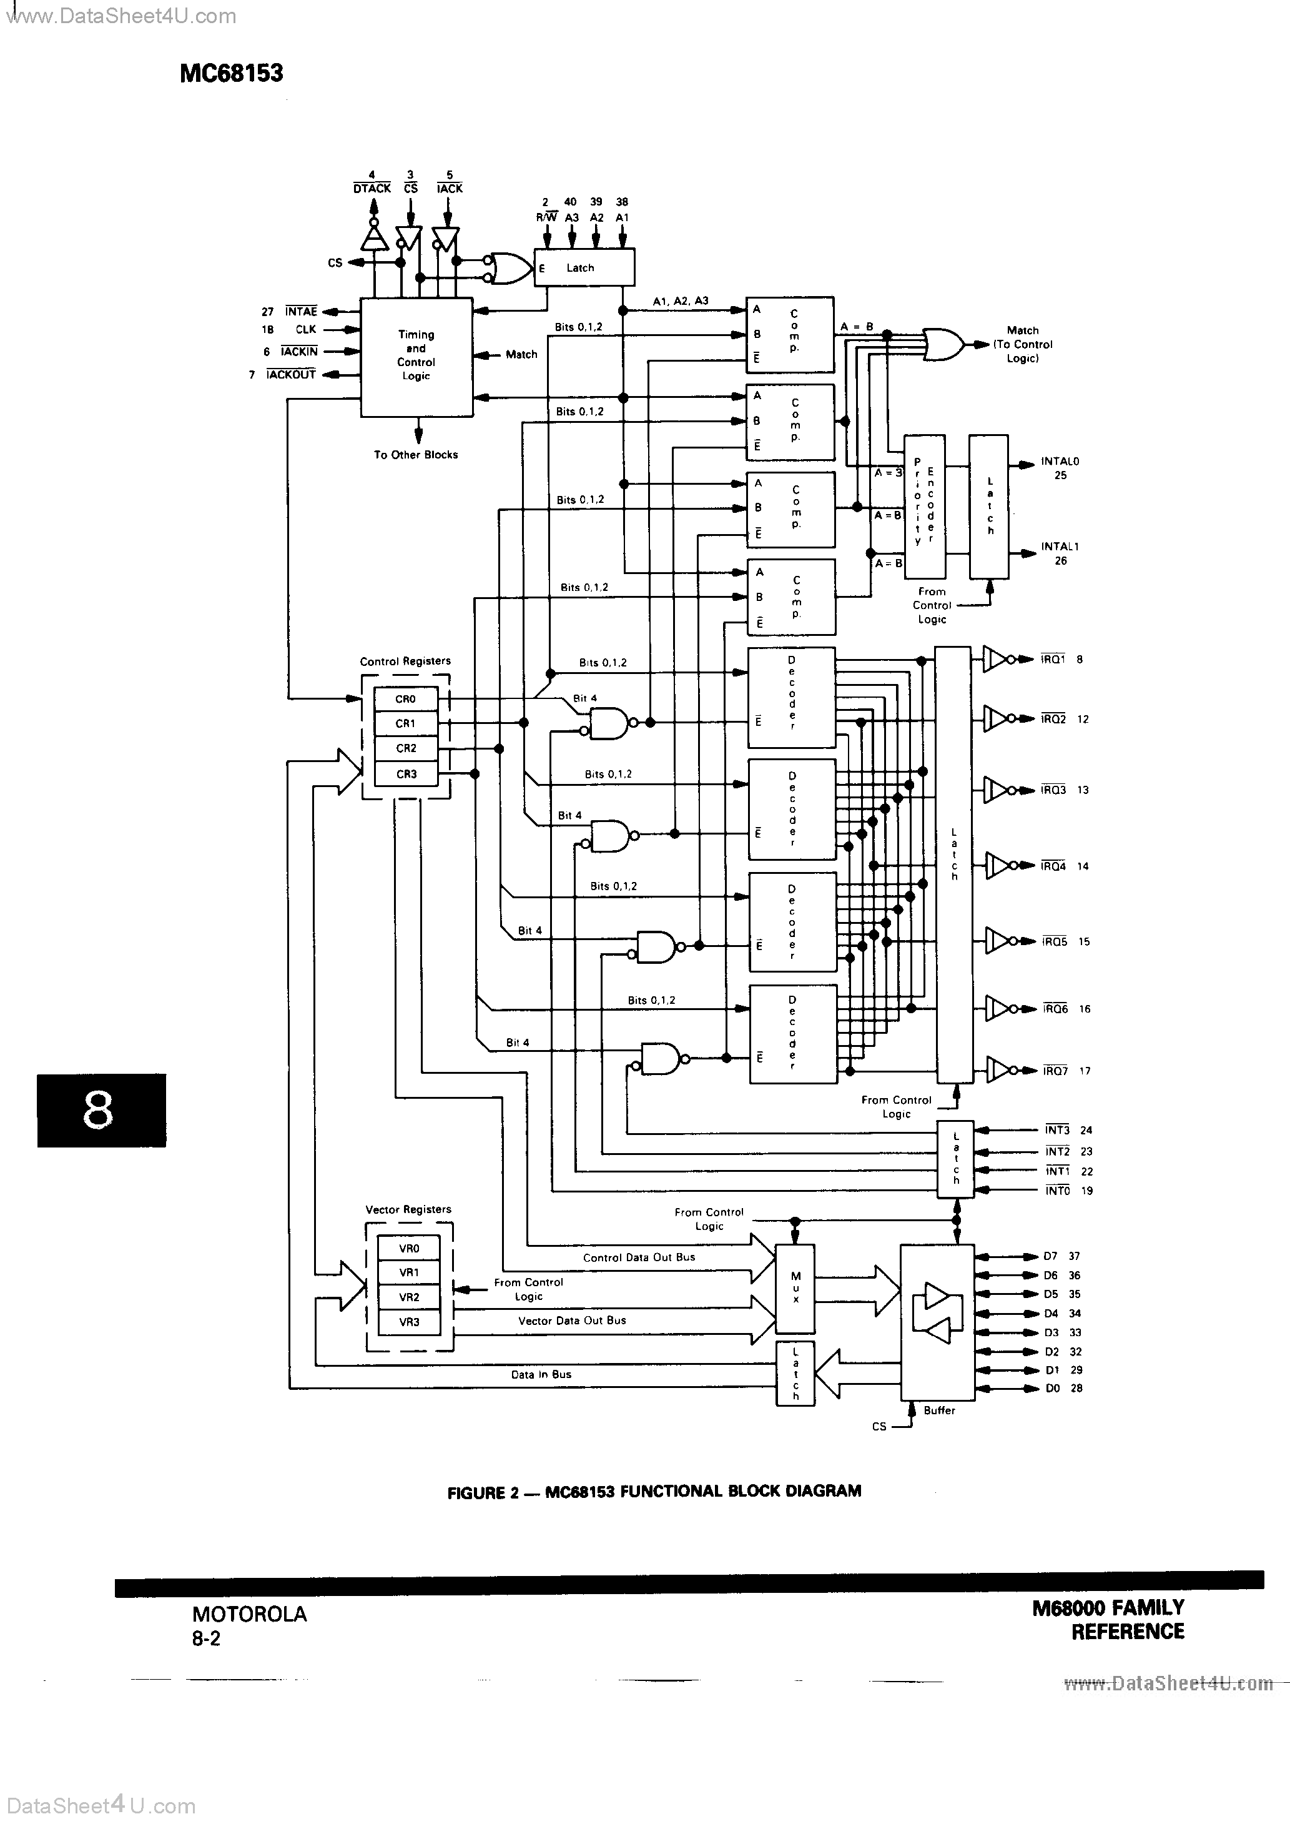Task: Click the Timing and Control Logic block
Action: tap(416, 356)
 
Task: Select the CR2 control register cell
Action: tap(406, 748)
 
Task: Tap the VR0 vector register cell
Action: tap(408, 1248)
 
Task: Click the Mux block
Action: tap(795, 1288)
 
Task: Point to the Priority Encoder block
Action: tap(924, 506)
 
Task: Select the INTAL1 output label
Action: tap(1060, 547)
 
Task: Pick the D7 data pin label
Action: tap(1050, 1256)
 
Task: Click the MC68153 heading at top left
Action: tap(231, 73)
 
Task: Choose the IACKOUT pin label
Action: tap(292, 374)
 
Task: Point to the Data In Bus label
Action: tap(541, 1374)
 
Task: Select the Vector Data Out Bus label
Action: tap(572, 1321)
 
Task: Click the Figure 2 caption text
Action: tap(654, 1492)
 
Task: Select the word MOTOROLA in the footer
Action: tap(249, 1614)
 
